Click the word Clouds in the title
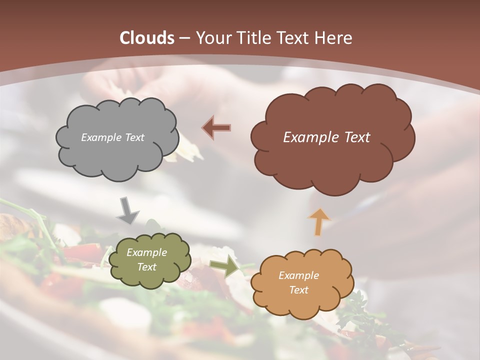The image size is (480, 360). coord(147,38)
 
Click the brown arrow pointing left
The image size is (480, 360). coord(216,128)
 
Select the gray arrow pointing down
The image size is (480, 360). coord(127,210)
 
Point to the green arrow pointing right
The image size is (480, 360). coord(224,267)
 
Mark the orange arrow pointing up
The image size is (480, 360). coord(318,221)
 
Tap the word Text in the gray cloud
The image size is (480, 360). coord(134,137)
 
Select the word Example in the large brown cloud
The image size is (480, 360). coord(310,137)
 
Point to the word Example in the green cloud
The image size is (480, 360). coord(146,252)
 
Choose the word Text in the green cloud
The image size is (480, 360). coord(146,267)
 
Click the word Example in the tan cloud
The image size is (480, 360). coord(298,275)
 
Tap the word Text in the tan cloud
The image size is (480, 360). coord(298,290)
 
